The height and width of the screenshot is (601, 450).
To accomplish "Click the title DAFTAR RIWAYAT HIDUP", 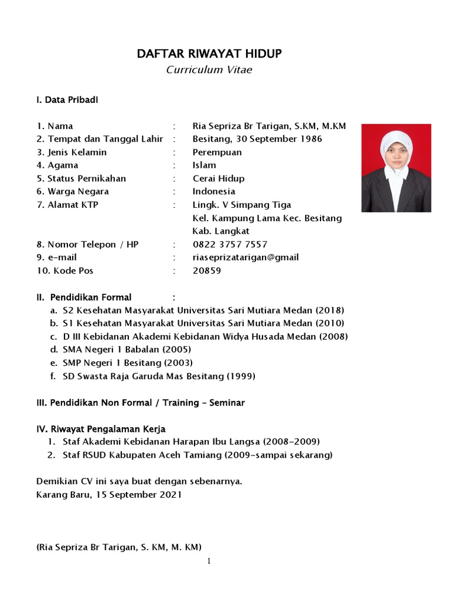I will click(209, 54).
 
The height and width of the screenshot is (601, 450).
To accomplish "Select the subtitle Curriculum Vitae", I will click(209, 70).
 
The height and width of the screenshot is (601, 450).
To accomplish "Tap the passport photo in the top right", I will click(396, 168).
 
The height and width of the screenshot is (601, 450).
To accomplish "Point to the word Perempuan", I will click(217, 152).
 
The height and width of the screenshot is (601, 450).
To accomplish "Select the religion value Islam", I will click(204, 165).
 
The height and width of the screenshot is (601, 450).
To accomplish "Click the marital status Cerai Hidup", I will click(219, 178).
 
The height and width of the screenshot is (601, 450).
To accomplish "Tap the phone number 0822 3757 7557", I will click(230, 244).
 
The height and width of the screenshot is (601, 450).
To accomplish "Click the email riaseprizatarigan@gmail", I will click(246, 257).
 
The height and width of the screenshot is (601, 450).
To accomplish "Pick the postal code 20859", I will click(207, 271).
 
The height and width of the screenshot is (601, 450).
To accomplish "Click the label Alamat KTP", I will click(67, 205).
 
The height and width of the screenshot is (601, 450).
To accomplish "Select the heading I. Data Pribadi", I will click(67, 100).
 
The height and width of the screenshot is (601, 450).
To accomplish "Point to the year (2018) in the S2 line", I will click(329, 310).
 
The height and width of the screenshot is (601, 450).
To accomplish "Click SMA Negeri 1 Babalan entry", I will click(118, 349).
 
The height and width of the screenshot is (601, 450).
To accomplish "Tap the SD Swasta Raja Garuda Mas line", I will click(159, 376).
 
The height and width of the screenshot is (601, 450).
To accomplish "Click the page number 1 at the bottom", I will click(208, 561).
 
